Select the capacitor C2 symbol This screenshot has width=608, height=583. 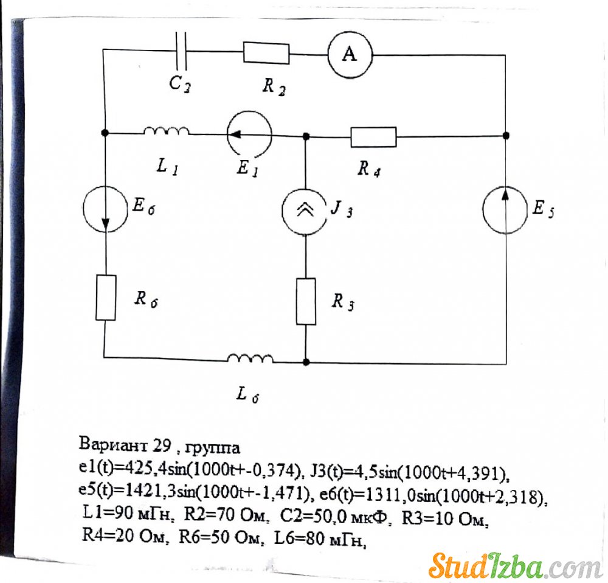click(x=181, y=51)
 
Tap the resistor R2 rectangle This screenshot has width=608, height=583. click(x=266, y=53)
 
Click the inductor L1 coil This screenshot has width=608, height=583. click(x=167, y=131)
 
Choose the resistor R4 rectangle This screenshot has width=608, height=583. click(x=373, y=137)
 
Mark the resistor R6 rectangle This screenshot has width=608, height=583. click(x=106, y=298)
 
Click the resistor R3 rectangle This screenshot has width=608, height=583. click(x=306, y=301)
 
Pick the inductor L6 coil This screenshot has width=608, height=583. click(x=250, y=358)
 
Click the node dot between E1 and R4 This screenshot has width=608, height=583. click(x=306, y=136)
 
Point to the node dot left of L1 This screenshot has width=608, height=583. click(x=105, y=133)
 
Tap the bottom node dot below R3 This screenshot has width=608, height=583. click(x=306, y=362)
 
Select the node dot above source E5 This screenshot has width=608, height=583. click(x=506, y=136)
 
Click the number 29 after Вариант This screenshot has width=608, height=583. click(x=162, y=445)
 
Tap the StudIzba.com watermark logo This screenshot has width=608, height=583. click(x=515, y=567)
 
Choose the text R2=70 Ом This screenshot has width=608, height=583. click(x=226, y=515)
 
